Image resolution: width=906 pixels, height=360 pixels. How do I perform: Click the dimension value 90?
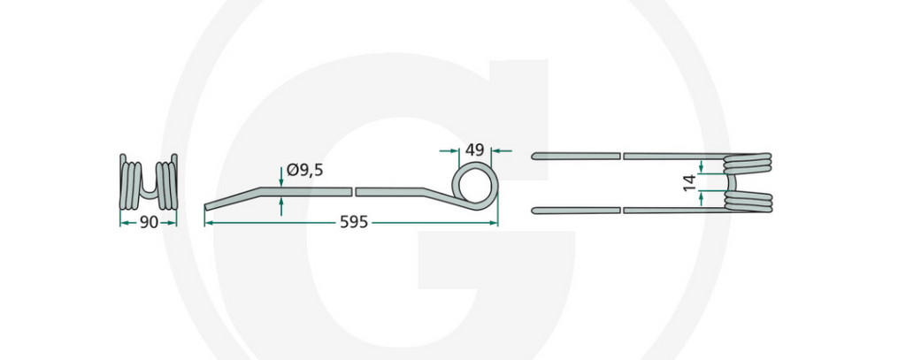149,222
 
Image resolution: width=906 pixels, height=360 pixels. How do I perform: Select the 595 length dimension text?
354,222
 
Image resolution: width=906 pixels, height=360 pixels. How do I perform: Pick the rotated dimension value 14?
687,183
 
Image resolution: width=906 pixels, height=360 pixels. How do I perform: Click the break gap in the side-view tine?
354,191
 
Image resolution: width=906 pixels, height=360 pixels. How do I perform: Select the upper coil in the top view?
749,163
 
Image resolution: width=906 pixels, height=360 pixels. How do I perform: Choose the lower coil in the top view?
749,203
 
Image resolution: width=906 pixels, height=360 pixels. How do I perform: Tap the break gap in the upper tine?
622,156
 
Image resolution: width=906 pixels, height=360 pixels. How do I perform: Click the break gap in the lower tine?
622,211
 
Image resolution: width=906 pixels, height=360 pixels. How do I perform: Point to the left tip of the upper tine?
534,157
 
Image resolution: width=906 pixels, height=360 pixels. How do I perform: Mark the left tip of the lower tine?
534,211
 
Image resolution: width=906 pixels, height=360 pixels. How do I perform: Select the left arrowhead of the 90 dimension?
122,223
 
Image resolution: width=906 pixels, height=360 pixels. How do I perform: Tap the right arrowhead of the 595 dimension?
494,223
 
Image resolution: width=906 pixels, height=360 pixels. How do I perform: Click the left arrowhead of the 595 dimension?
209,223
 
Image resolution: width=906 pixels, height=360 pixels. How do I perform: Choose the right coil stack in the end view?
168,181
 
